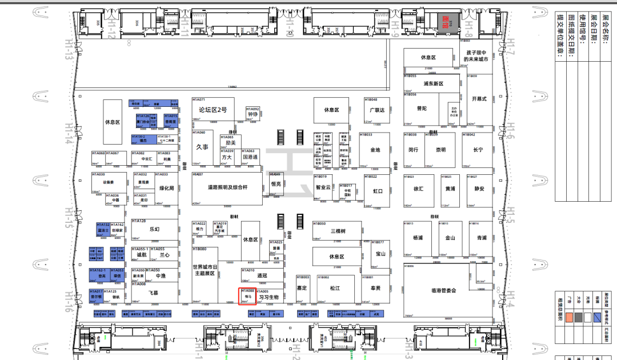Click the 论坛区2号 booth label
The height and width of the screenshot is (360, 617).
tap(213, 110)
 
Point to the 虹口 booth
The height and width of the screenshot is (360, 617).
tap(378, 191)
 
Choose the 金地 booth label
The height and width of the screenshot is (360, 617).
tap(375, 150)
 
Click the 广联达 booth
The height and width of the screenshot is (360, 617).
tap(377, 110)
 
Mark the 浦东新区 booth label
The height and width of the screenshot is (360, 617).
tap(434, 83)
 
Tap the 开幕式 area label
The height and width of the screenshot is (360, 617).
tap(479, 98)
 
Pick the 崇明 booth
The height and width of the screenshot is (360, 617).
tap(440, 150)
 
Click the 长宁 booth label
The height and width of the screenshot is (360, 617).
tap(478, 150)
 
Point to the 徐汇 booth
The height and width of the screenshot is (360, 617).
tap(418, 189)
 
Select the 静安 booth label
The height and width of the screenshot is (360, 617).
tap(479, 189)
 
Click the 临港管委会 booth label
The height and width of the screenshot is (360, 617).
tap(443, 291)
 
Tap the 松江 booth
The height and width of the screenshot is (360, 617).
tap(335, 289)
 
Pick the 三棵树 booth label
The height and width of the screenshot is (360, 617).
tap(339, 231)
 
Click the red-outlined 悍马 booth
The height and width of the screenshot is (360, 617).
tap(248, 297)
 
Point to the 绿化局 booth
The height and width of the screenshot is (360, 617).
tap(166, 188)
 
